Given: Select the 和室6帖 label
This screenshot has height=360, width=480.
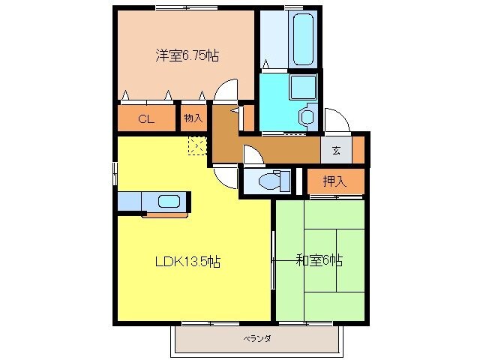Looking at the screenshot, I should click(319, 260).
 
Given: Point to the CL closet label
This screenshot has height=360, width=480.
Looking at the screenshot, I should click(146, 118).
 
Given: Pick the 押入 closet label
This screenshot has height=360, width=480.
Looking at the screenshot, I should click(334, 181).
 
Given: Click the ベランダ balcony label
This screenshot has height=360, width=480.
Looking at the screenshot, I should click(256, 339).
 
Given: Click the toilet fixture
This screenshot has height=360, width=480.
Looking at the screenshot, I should click(267, 181).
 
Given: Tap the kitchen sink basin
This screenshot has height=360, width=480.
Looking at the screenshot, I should click(168, 201).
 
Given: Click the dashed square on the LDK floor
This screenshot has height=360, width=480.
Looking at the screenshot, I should click(197, 145).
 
